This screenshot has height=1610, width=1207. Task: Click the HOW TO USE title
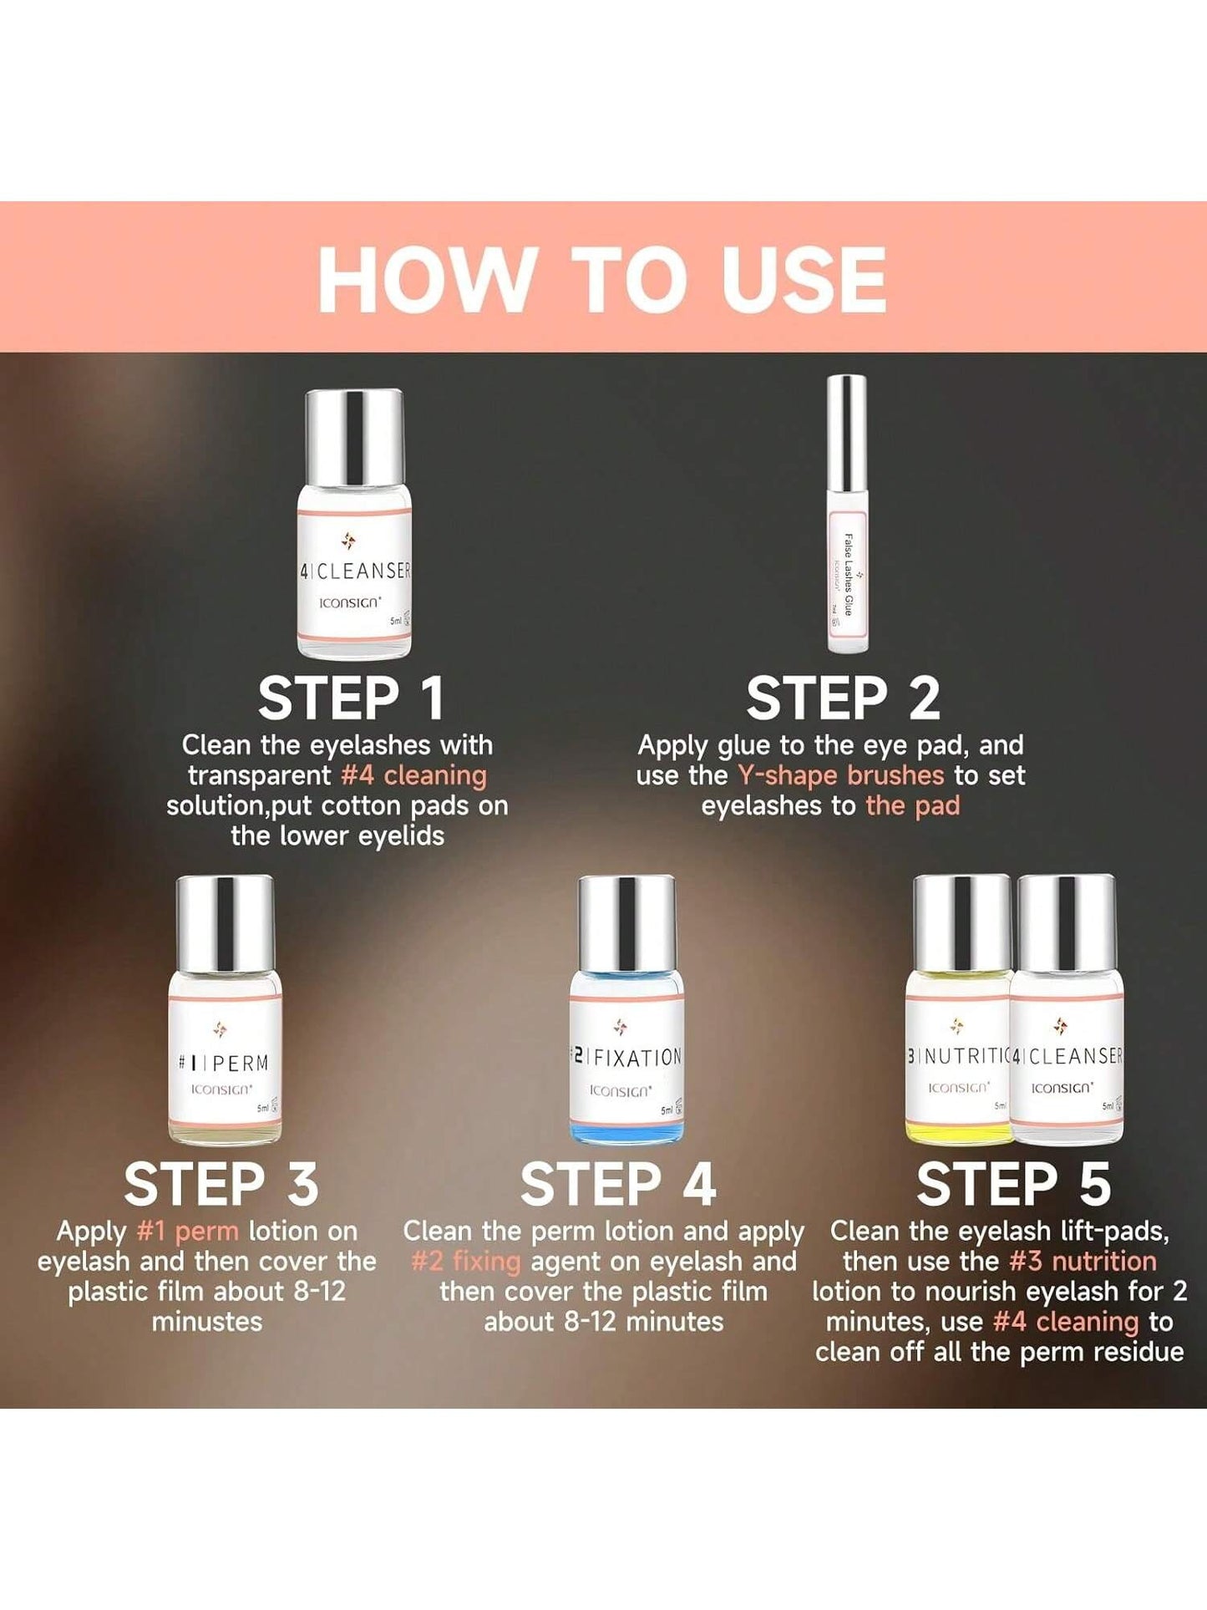coord(602,279)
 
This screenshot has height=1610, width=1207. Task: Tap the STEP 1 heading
coord(351,698)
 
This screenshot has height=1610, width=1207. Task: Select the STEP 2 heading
coord(844,698)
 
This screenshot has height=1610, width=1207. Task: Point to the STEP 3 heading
coord(221,1184)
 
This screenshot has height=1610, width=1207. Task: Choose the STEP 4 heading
coord(618,1184)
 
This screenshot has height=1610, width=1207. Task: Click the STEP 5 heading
coord(1014,1184)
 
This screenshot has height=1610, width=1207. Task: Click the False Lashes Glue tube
coord(847,514)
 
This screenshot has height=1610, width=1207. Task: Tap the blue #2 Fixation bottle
coord(626,1009)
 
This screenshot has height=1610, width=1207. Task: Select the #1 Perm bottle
coord(225,1009)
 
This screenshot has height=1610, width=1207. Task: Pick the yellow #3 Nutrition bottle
coord(960,1009)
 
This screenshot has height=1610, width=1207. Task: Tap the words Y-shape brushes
coord(840,775)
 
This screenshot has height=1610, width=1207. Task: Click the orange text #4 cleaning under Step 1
coord(413,775)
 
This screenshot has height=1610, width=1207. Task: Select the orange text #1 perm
coord(188,1232)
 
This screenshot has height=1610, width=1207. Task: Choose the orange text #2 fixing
coord(466,1261)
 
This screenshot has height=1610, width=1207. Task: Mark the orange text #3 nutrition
coord(1083,1261)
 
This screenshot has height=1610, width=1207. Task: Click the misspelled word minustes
coord(207,1322)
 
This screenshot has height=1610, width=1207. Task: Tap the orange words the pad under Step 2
coord(913,805)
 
